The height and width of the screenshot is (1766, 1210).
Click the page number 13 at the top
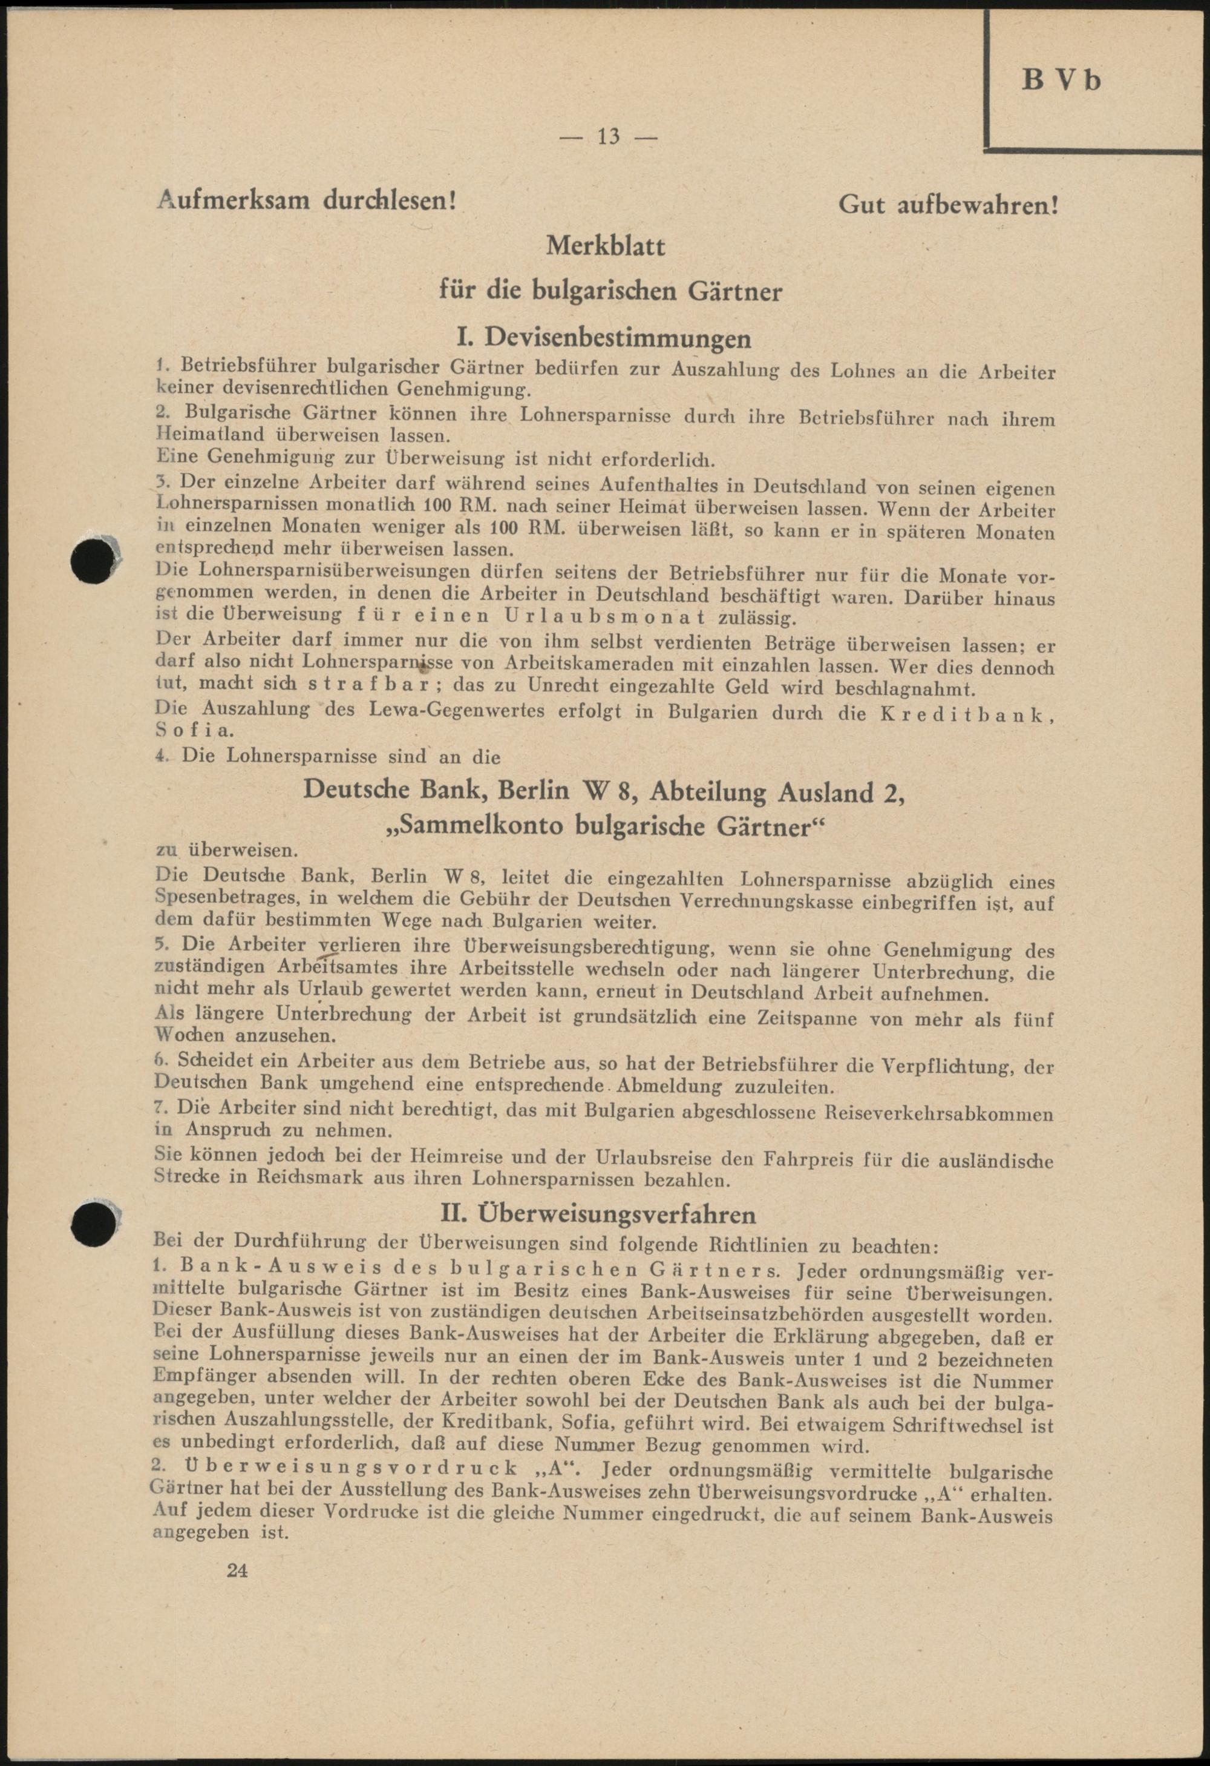tap(609, 137)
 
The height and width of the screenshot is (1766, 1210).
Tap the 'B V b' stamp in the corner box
tap(1061, 81)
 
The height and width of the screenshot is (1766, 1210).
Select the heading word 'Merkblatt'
tap(606, 246)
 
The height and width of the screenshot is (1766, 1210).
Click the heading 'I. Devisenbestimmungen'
tap(606, 337)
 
